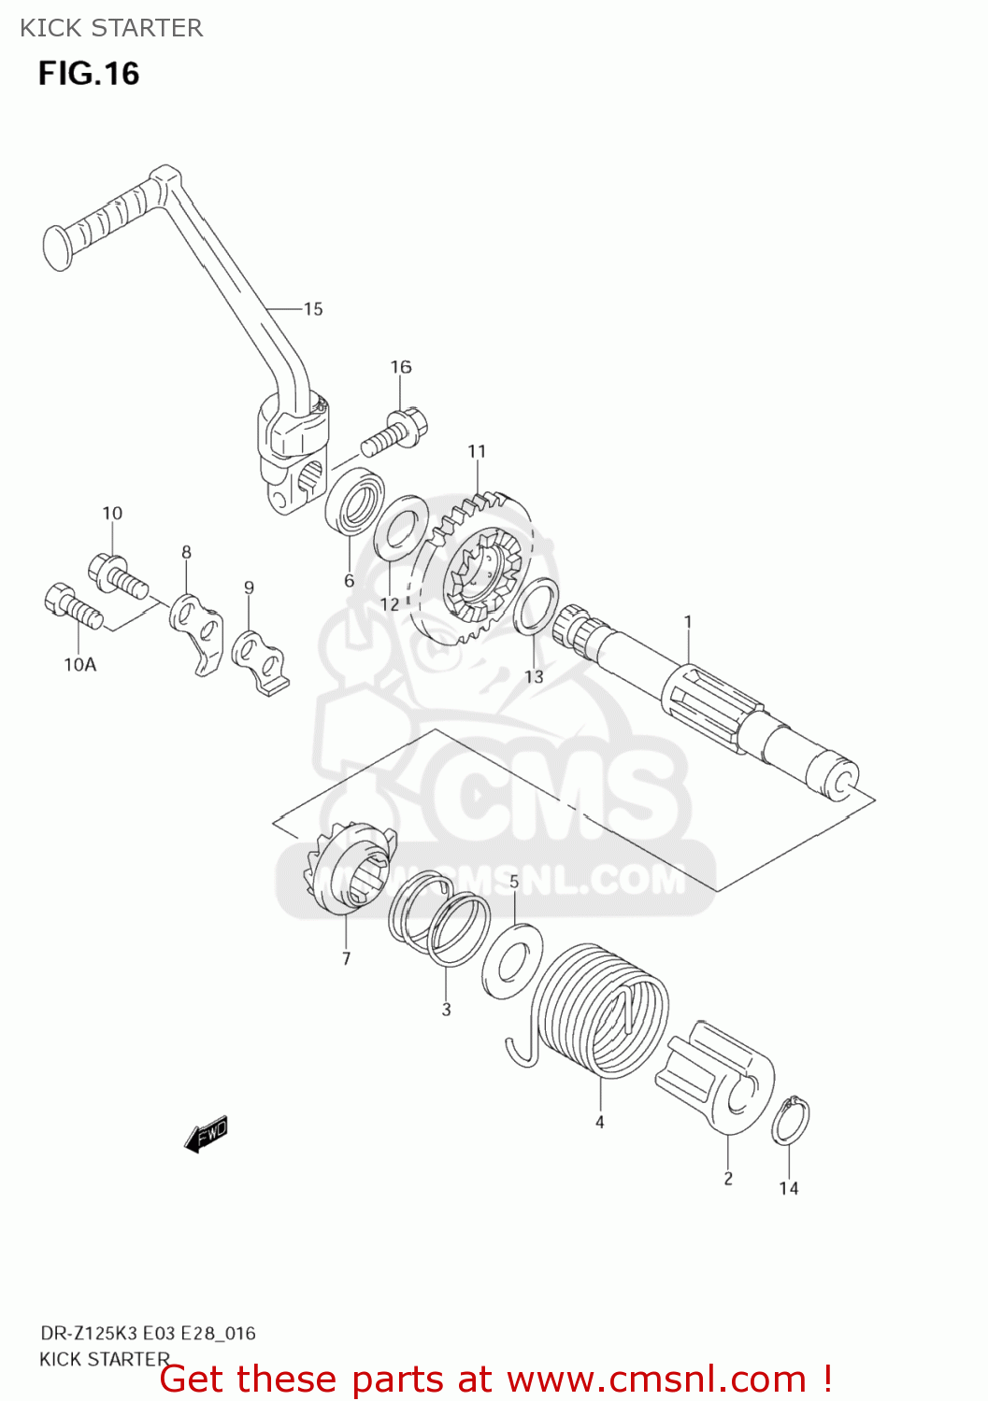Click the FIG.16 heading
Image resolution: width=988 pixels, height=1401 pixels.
pyautogui.click(x=89, y=74)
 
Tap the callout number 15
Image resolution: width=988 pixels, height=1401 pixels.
pyautogui.click(x=313, y=309)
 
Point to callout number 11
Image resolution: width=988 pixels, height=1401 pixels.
pyautogui.click(x=477, y=452)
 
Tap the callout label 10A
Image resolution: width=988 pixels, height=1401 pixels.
pyautogui.click(x=80, y=665)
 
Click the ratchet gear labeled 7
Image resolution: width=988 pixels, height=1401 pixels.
pyautogui.click(x=348, y=869)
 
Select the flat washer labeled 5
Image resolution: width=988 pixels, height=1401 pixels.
pyautogui.click(x=512, y=961)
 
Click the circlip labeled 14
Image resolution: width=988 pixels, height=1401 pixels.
pyautogui.click(x=791, y=1121)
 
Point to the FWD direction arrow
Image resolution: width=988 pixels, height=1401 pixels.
pyautogui.click(x=207, y=1134)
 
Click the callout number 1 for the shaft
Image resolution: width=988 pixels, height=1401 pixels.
pyautogui.click(x=688, y=622)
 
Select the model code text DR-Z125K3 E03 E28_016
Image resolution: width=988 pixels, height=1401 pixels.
pyautogui.click(x=148, y=1334)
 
